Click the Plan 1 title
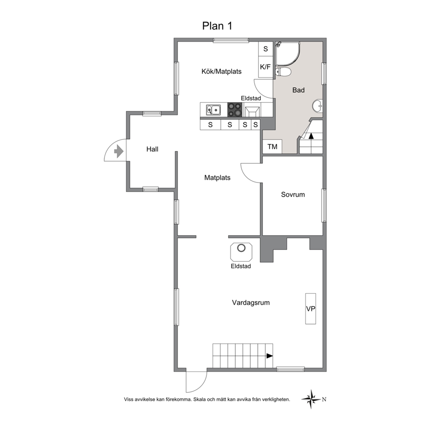217,26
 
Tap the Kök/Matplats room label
221,71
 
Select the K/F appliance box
265,67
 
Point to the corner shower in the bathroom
288,54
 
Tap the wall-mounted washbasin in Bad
317,106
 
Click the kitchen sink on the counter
213,110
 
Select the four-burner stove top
235,109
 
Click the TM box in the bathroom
272,146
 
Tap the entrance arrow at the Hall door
119,151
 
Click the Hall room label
152,149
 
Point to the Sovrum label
293,195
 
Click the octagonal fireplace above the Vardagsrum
241,252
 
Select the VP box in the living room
311,308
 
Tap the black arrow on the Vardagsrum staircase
270,356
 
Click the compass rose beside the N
311,399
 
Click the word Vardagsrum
251,303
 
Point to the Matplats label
217,178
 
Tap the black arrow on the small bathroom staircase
311,136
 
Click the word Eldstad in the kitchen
251,98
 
